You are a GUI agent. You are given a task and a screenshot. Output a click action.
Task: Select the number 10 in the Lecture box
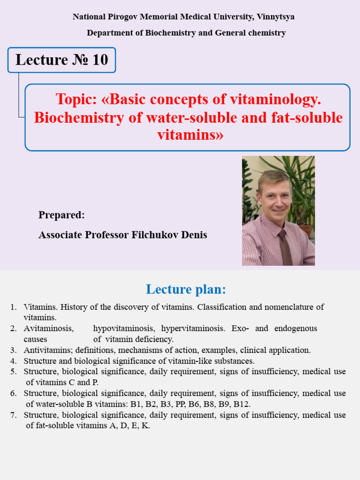(x=100, y=60)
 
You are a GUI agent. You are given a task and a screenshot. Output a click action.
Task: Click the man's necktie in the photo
(x=285, y=247)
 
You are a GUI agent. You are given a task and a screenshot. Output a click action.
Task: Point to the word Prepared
(x=61, y=215)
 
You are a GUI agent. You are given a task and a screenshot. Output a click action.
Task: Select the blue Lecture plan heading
(x=186, y=289)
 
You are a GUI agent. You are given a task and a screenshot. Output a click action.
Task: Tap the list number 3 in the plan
(x=13, y=350)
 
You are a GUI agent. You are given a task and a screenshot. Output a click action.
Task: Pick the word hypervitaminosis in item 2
(x=194, y=328)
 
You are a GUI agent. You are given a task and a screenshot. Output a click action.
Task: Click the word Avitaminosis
(x=49, y=328)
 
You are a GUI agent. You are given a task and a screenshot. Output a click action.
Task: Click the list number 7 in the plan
(x=13, y=415)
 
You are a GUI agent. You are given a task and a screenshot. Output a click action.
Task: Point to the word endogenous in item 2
(x=296, y=328)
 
